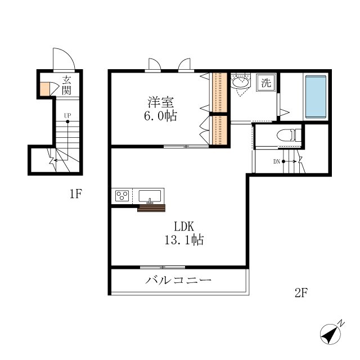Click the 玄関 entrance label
[x=66, y=85]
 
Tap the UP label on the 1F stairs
[x=67, y=115]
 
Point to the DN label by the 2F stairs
[x=276, y=161]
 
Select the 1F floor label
[x=76, y=193]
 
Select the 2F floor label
[x=301, y=292]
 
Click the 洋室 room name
[x=161, y=102]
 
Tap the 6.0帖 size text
[x=160, y=116]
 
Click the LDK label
[x=184, y=226]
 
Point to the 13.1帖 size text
[x=184, y=240]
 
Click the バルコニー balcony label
[x=178, y=280]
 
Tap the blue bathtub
[x=316, y=96]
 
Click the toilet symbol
[x=289, y=135]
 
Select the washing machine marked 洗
[x=266, y=83]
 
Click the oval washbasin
[x=240, y=82]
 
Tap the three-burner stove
[x=122, y=196]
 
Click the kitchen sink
[x=150, y=196]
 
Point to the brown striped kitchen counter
[x=151, y=208]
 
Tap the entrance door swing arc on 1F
[x=69, y=53]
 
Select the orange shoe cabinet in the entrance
[x=45, y=89]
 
